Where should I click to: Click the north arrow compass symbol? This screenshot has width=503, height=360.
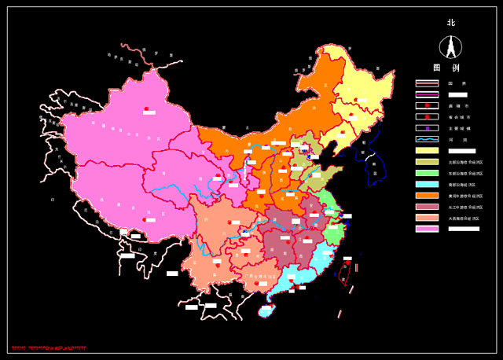451,48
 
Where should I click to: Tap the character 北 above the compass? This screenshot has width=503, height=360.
451,23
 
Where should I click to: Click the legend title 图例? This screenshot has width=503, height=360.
446,68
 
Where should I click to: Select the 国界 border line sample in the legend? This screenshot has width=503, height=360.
427,83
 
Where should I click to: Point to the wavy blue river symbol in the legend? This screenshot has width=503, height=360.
427,139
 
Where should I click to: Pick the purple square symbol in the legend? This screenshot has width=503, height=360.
427,127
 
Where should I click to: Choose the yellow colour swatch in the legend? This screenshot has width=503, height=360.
427,150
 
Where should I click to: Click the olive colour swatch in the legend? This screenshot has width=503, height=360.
427,162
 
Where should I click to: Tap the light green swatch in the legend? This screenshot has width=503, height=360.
427,173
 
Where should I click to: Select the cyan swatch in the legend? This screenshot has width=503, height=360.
427,184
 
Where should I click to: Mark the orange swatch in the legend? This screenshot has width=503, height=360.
427,196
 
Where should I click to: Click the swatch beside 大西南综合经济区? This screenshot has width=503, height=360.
427,218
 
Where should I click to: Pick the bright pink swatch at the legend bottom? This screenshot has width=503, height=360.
427,230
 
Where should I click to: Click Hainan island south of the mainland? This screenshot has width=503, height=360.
267,310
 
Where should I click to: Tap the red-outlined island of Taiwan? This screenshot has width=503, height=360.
346,271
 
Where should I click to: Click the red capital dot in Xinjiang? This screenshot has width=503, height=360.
145,108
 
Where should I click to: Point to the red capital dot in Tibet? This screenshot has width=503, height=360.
142,219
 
